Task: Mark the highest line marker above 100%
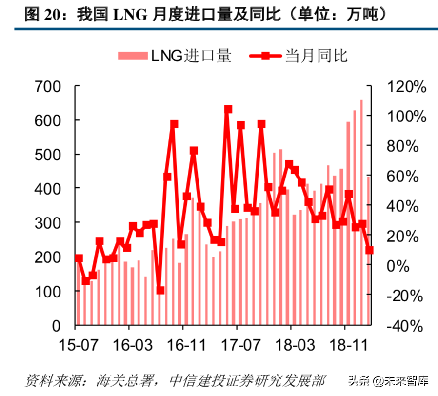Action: pos(228,109)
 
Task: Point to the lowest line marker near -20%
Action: pos(160,290)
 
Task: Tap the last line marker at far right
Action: pos(369,250)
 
